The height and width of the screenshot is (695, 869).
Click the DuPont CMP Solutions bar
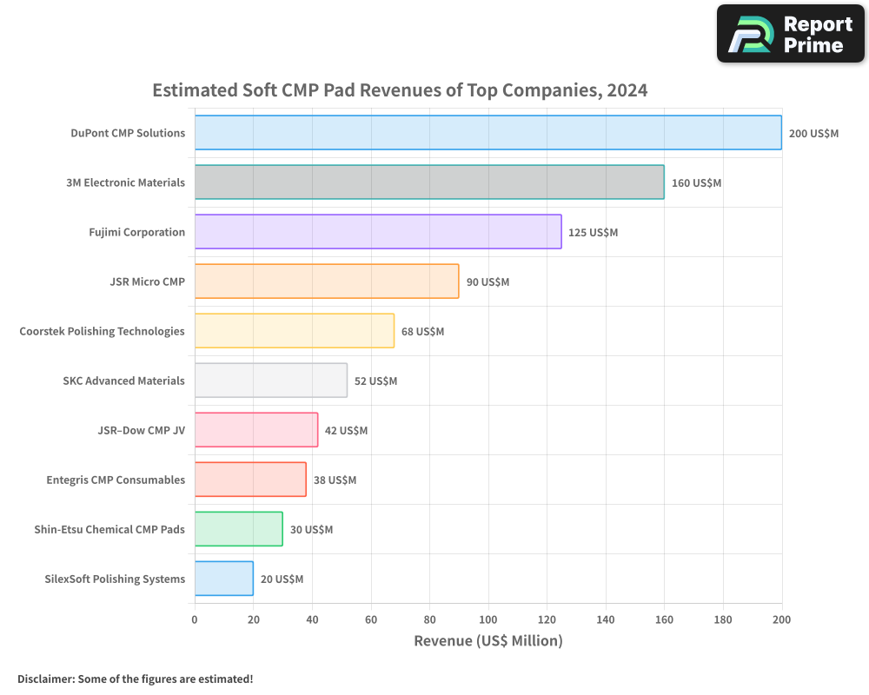[488, 132]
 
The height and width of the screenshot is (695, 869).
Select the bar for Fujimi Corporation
[378, 232]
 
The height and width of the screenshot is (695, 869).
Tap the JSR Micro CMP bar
[327, 281]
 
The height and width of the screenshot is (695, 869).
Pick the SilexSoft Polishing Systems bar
[224, 579]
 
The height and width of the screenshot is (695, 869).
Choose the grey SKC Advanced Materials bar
[271, 381]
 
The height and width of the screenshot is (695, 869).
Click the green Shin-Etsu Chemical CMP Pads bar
[239, 529]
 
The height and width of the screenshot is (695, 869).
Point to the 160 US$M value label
[697, 183]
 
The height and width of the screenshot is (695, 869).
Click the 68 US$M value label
[423, 331]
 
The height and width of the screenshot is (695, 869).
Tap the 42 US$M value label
[347, 431]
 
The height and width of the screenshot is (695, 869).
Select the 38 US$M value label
[335, 480]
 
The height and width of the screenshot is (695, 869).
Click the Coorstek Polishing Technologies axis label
[102, 331]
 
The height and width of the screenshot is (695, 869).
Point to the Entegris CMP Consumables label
[116, 480]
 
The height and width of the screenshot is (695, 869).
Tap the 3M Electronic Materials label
[126, 182]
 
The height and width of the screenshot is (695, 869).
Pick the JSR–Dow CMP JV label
[142, 430]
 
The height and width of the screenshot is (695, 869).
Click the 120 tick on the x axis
[547, 619]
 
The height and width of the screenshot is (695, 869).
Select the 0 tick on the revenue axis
[195, 619]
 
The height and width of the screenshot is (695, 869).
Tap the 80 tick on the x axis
[429, 619]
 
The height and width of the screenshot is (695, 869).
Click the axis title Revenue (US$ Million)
[488, 640]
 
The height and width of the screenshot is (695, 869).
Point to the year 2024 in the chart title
[627, 90]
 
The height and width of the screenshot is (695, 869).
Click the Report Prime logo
[791, 34]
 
